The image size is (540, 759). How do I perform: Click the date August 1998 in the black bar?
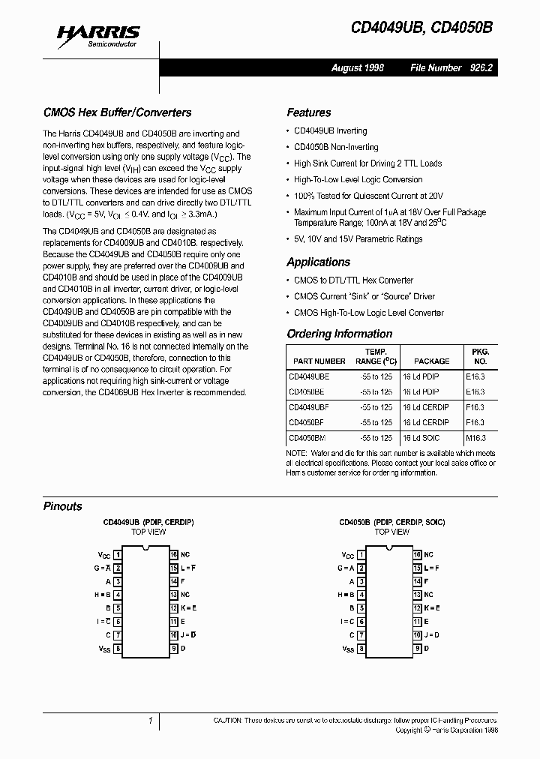coord(358,67)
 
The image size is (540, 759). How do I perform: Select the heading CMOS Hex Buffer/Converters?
coord(117,112)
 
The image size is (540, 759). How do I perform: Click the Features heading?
coord(308,112)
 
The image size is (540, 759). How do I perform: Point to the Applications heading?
coord(318,262)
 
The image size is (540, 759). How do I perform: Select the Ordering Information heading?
coord(339,334)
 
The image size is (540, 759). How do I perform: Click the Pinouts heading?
coord(63,506)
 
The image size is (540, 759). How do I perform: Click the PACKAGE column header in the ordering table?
coord(431,361)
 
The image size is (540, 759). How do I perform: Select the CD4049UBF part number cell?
coord(309,407)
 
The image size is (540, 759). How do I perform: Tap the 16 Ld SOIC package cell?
coord(424,437)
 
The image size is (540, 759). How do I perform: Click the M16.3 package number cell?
coord(475,437)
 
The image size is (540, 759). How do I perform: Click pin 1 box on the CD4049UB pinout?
coord(118,555)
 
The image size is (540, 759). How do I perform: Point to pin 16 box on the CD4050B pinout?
coord(417,555)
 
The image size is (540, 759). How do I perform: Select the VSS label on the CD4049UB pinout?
coord(104,649)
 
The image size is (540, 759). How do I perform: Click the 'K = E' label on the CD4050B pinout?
coord(432,608)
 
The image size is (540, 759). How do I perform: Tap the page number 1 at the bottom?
coord(150,721)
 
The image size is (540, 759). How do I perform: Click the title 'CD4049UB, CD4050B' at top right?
coord(422,28)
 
